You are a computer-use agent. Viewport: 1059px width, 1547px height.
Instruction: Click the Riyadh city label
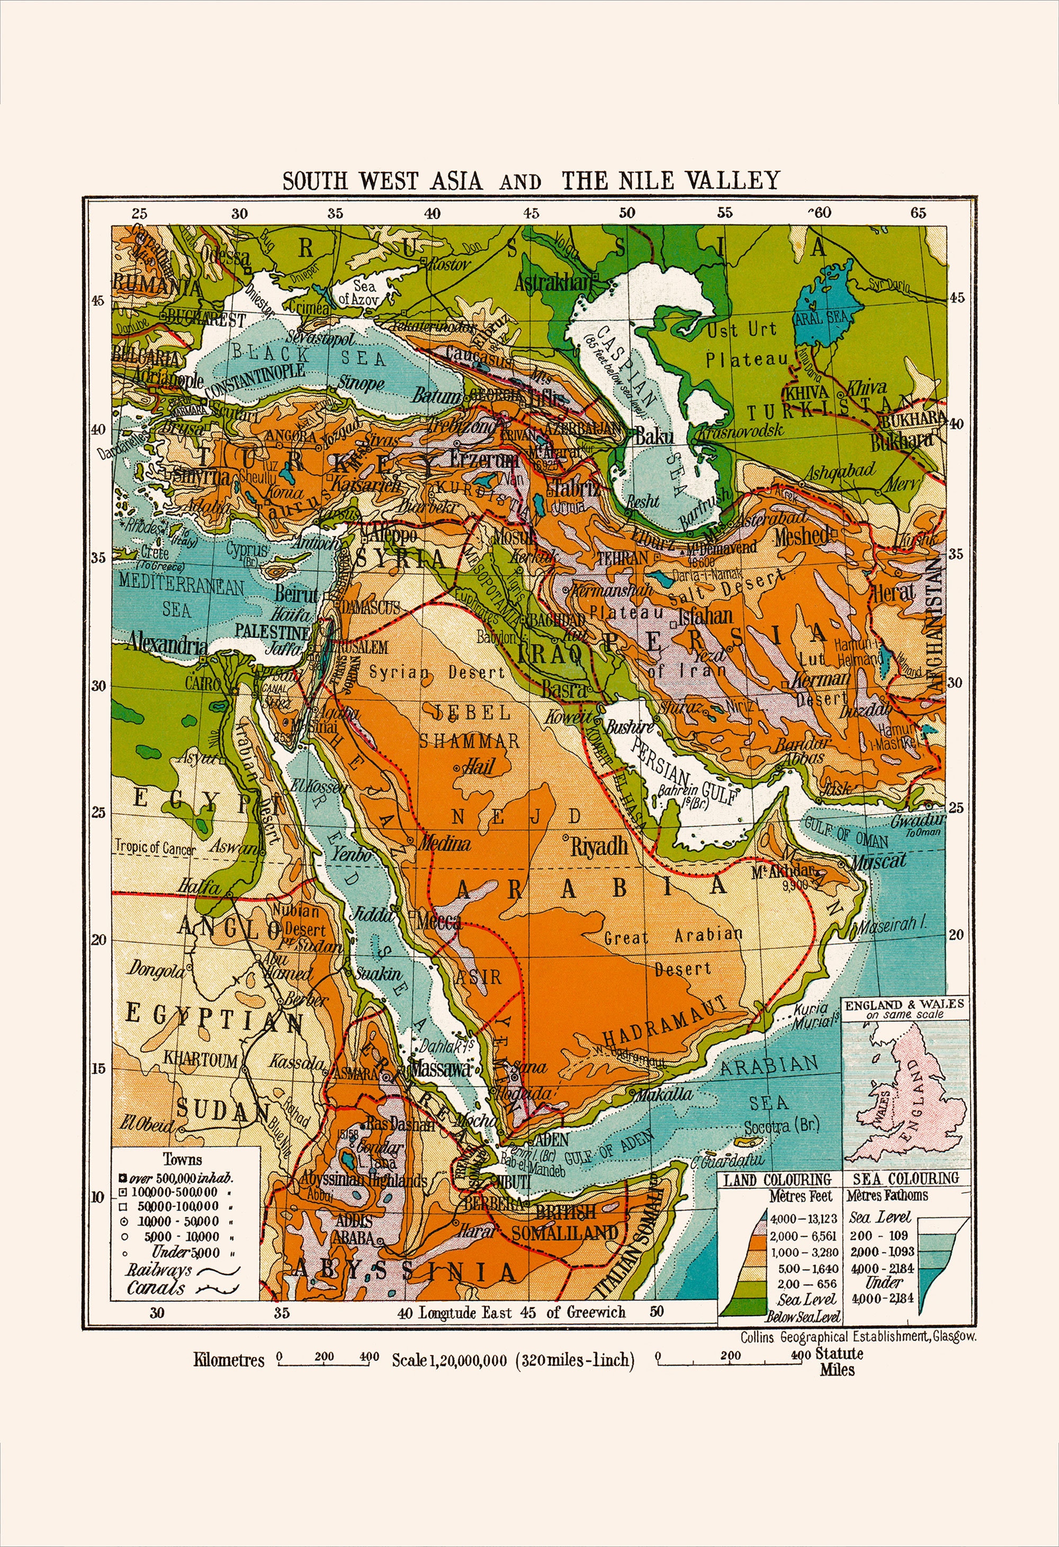click(x=599, y=846)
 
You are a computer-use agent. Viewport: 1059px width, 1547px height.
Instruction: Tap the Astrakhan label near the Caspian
click(x=552, y=283)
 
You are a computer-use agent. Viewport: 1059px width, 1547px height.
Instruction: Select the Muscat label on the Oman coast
click(x=878, y=861)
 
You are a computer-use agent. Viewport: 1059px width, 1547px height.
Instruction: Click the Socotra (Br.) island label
click(x=781, y=1127)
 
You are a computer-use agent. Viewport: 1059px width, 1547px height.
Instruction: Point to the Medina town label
click(x=444, y=844)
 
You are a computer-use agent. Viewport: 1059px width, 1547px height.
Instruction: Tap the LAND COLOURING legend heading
click(x=777, y=1180)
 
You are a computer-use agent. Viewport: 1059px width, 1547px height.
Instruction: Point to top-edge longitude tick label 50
click(x=627, y=213)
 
